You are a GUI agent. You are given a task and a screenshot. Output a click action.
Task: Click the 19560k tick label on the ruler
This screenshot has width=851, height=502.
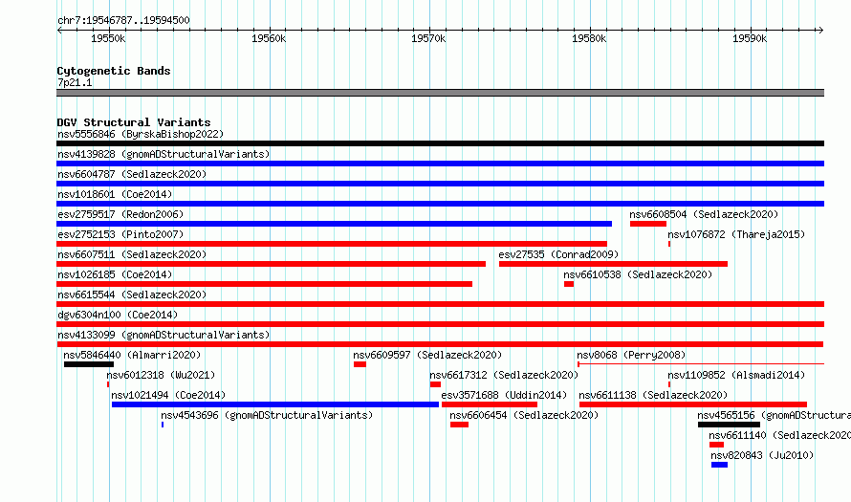(x=269, y=38)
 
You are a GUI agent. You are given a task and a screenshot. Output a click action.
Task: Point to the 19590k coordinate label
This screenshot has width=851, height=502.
(x=750, y=38)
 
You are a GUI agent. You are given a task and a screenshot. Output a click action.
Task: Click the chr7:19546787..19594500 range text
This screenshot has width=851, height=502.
(x=123, y=21)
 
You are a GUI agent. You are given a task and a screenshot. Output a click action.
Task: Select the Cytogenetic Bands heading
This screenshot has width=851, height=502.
(x=114, y=71)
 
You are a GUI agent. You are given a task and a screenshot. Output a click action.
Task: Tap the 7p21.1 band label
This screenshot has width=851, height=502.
(x=75, y=82)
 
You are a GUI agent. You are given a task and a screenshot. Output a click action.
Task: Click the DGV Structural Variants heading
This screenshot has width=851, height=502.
(x=134, y=122)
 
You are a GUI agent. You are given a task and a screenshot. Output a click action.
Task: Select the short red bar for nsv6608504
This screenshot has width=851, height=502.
(x=648, y=224)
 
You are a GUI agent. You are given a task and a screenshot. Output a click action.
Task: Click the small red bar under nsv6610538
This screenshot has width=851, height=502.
(x=569, y=284)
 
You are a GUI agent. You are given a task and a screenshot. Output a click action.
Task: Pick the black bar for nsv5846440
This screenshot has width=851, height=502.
(x=89, y=364)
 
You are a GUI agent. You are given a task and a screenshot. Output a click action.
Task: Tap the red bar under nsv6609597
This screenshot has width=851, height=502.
(x=360, y=364)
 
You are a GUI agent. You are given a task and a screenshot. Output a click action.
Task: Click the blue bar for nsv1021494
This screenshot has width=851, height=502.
(x=275, y=404)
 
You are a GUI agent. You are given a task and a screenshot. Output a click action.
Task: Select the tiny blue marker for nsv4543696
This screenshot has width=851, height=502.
(x=163, y=425)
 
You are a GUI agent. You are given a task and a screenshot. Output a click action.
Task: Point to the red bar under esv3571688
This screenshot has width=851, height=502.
(x=490, y=404)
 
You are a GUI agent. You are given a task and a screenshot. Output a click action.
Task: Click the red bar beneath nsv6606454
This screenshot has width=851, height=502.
(x=459, y=425)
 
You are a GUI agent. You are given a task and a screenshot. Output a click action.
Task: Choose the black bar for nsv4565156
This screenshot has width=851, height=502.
(x=729, y=425)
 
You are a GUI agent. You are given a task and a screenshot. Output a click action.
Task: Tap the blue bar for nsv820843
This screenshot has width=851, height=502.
(x=720, y=465)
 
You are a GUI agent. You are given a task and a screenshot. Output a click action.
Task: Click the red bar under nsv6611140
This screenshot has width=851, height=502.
(x=716, y=445)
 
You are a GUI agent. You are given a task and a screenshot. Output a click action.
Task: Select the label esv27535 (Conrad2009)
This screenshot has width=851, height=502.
(x=558, y=254)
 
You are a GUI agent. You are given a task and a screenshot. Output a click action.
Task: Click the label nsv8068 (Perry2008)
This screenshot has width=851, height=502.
(x=631, y=355)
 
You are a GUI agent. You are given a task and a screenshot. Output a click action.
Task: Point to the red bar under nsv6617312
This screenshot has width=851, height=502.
(x=435, y=384)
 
